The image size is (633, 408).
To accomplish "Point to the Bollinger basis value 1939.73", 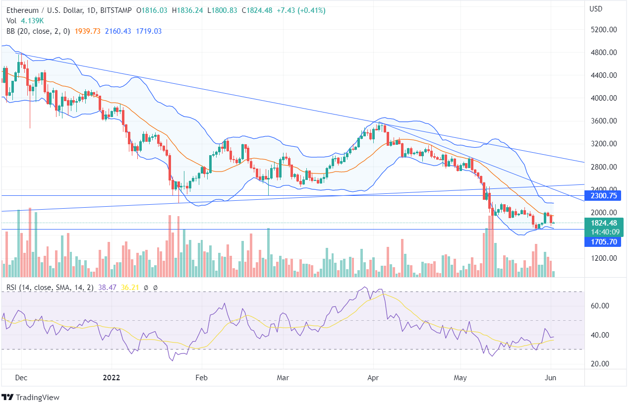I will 87,31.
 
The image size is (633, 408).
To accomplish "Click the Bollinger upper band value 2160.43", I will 117,31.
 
